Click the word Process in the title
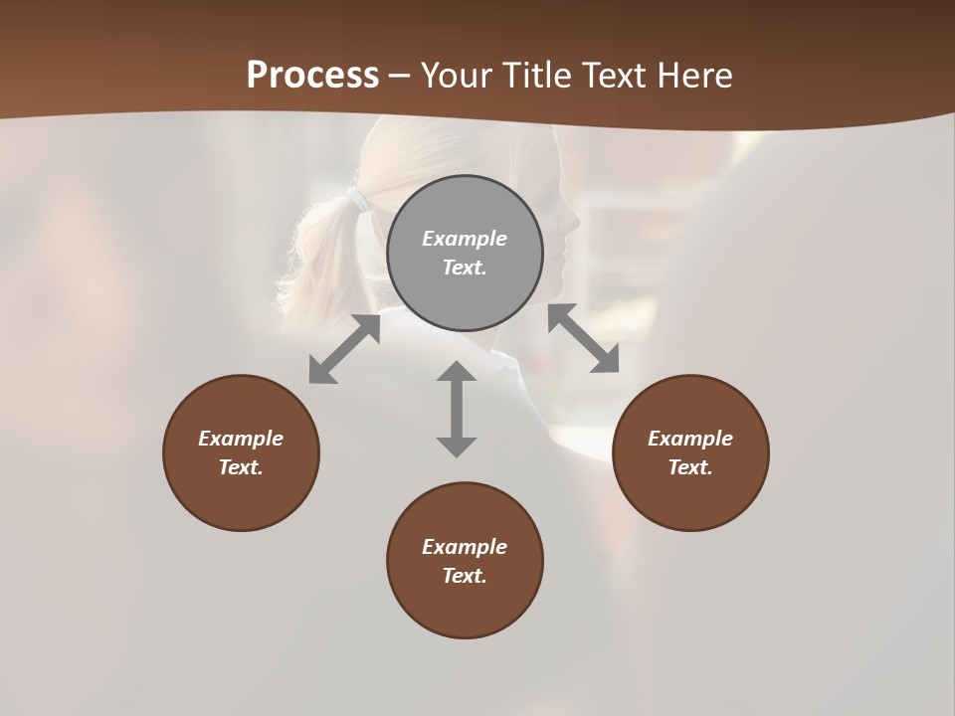(x=312, y=76)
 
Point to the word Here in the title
(x=695, y=76)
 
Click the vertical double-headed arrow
(x=457, y=410)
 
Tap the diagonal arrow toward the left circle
(x=344, y=349)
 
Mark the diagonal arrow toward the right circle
(x=584, y=338)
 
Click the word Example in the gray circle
(x=465, y=239)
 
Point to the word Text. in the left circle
(x=241, y=467)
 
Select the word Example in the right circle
(x=690, y=439)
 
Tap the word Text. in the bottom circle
(x=465, y=576)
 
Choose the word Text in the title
(x=611, y=76)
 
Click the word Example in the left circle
(x=241, y=439)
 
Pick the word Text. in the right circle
(x=690, y=467)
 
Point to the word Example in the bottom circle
(x=465, y=547)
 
